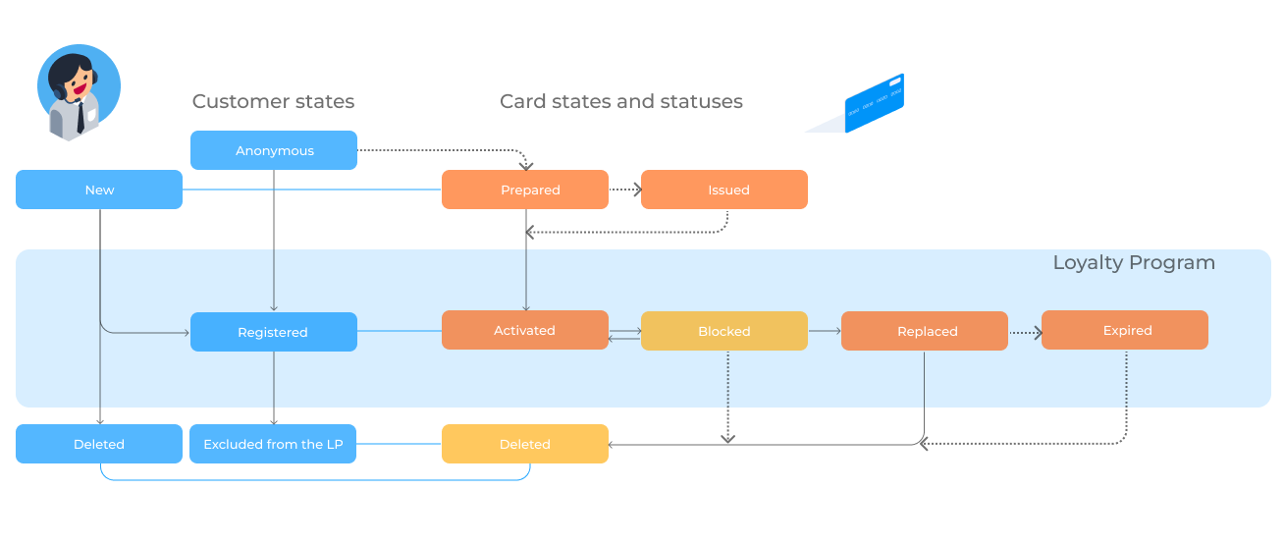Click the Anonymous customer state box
(274, 150)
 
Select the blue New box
(99, 190)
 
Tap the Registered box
(274, 332)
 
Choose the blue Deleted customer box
(99, 444)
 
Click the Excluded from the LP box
(273, 444)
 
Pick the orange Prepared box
(525, 190)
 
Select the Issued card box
(724, 190)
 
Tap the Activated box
(525, 330)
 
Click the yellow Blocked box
(724, 331)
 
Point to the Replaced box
(925, 331)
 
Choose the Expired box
(1125, 330)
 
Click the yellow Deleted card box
(525, 444)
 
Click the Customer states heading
(273, 101)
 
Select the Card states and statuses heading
(621, 101)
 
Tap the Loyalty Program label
(1134, 263)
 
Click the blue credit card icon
(875, 103)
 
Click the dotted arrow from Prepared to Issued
(625, 190)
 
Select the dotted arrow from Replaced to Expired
(1025, 332)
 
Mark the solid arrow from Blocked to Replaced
(825, 331)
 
